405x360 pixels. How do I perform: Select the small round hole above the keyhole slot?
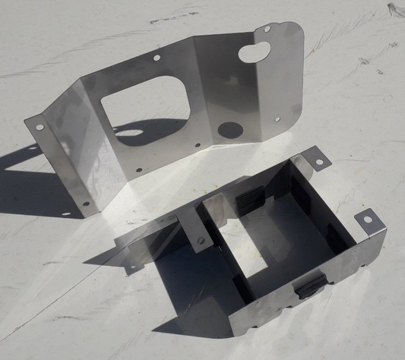pyautogui.click(x=267, y=28)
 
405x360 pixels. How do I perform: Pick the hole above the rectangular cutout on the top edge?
pyautogui.click(x=157, y=57)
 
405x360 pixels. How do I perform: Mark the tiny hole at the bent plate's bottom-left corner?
pyautogui.click(x=85, y=203)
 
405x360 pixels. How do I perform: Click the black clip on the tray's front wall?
pyautogui.click(x=311, y=286)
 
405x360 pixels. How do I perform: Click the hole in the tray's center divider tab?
pyautogui.click(x=201, y=242)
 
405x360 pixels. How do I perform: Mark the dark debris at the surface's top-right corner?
pyautogui.click(x=396, y=10)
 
